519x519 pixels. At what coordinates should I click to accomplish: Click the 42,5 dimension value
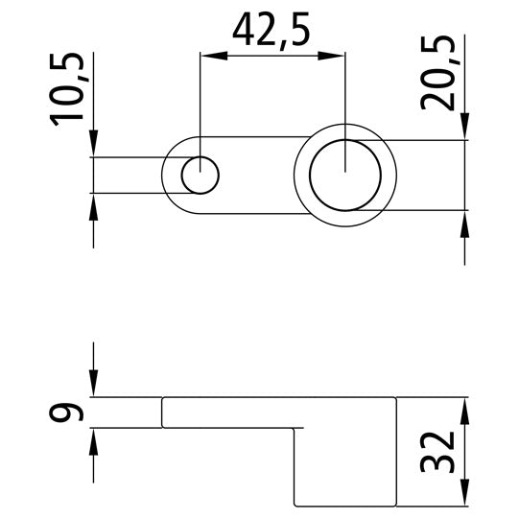[x=271, y=31]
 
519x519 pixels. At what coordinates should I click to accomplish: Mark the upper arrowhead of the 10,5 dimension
[x=93, y=148]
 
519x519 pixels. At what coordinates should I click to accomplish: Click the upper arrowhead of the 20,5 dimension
[x=466, y=130]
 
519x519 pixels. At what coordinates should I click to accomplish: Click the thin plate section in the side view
[x=230, y=412]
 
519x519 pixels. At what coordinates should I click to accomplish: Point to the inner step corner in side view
[x=294, y=427]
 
